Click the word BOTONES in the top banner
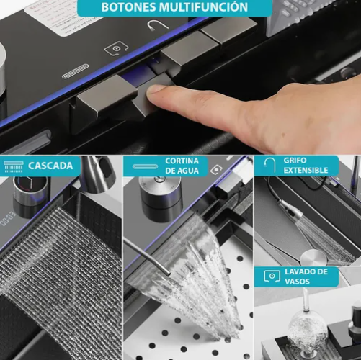[128, 7]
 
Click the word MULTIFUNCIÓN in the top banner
[203, 6]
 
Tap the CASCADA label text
[50, 166]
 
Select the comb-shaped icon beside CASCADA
[14, 166]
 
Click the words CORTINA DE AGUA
[182, 166]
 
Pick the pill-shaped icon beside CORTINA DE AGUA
[146, 166]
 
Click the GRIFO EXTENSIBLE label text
[306, 166]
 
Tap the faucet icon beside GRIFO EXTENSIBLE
[269, 164]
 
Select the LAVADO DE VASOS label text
[306, 276]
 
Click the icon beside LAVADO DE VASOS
[272, 276]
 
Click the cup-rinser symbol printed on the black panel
[116, 48]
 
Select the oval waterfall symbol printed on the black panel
[75, 71]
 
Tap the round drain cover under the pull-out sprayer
[313, 257]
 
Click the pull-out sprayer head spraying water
[290, 212]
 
